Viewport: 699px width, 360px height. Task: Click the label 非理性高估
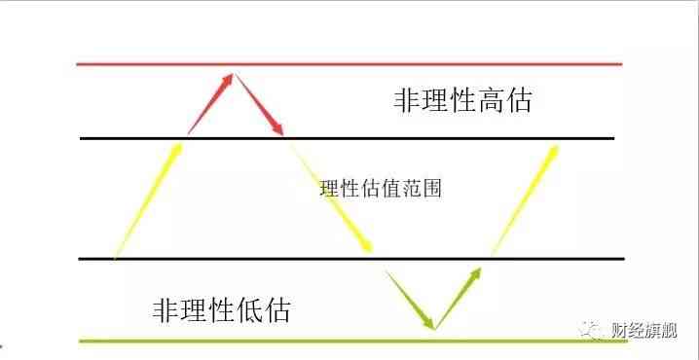coord(463,101)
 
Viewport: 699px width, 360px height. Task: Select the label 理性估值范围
coord(381,189)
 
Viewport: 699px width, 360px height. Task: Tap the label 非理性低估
coord(222,310)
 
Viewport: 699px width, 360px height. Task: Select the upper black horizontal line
coord(438,138)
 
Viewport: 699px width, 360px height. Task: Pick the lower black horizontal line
coord(243,259)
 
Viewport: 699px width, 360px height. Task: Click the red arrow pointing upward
coord(210,102)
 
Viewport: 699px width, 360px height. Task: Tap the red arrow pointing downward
coord(259,103)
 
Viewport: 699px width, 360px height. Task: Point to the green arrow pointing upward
coord(459,298)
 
